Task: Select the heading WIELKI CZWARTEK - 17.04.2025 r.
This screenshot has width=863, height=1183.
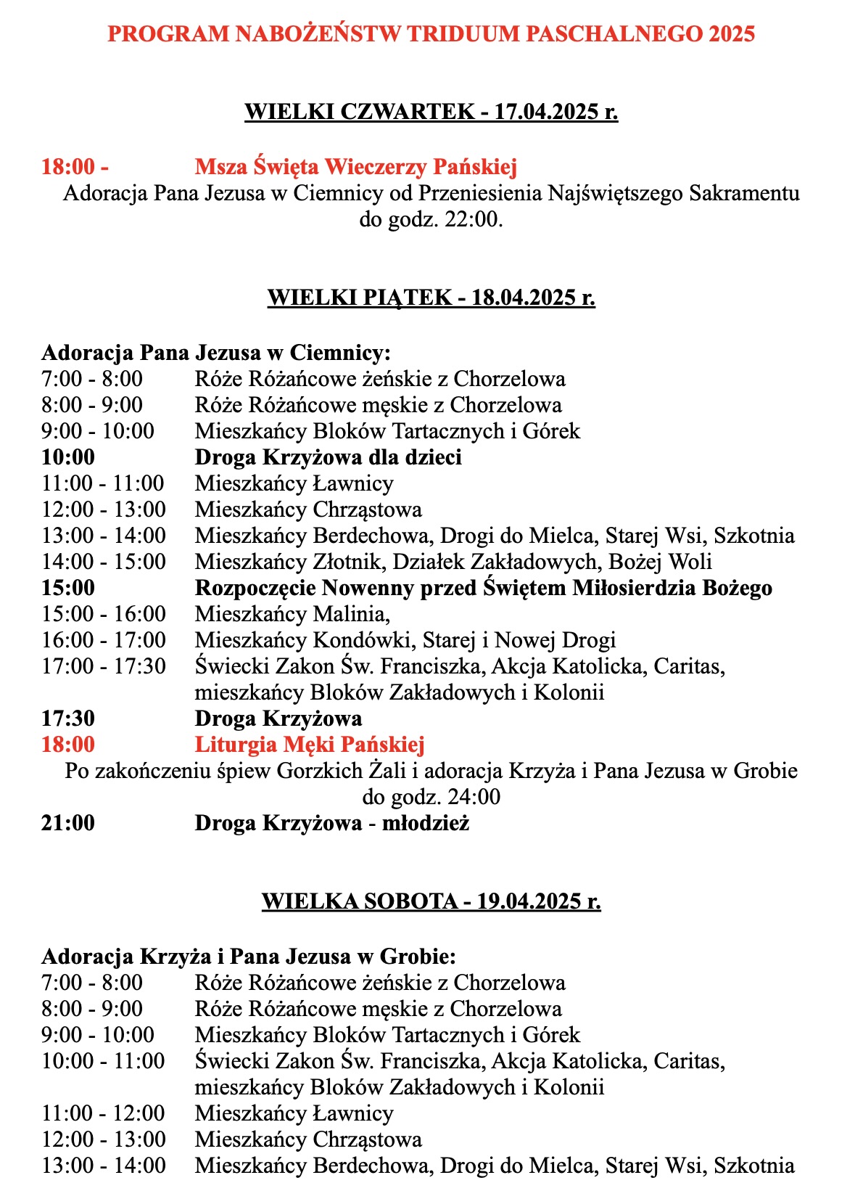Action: pyautogui.click(x=431, y=112)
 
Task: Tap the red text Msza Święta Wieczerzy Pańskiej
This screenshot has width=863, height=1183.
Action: pyautogui.click(x=355, y=167)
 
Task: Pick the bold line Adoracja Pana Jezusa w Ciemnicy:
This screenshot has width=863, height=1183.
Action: pyautogui.click(x=216, y=353)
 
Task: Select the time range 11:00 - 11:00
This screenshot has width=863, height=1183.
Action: pyautogui.click(x=103, y=483)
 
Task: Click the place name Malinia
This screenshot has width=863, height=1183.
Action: pyautogui.click(x=351, y=614)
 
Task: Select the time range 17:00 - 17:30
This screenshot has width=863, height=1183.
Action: pyautogui.click(x=104, y=666)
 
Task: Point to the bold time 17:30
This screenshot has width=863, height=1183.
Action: pyautogui.click(x=68, y=719)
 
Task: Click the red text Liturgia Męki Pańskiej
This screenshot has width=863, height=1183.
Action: pyautogui.click(x=310, y=745)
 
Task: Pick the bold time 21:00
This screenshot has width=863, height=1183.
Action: pyautogui.click(x=68, y=823)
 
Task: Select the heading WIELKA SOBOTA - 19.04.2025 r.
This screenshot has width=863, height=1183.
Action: pyautogui.click(x=431, y=901)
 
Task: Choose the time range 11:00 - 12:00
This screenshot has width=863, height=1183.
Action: pyautogui.click(x=103, y=1113)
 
